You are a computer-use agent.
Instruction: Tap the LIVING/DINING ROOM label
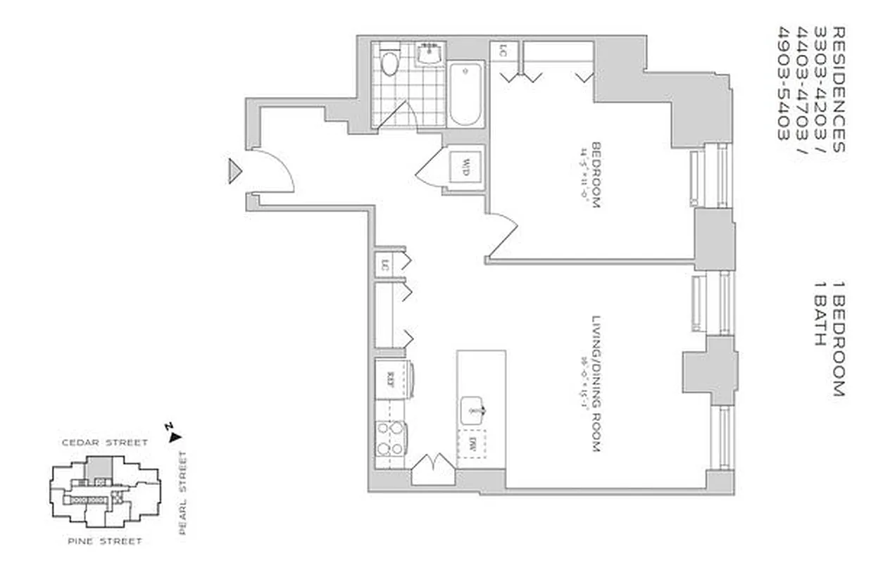tap(595, 383)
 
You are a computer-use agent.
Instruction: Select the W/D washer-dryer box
tap(465, 167)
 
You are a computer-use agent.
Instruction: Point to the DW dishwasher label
tap(472, 444)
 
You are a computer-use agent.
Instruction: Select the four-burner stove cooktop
tap(390, 438)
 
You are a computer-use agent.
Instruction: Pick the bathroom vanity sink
tap(430, 53)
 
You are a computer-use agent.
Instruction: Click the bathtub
tap(465, 92)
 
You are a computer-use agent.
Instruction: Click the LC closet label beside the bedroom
tap(503, 51)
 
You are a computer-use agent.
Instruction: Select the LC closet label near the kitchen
tap(384, 265)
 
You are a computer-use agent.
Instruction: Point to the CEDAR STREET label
tap(104, 443)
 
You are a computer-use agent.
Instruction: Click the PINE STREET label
tap(105, 541)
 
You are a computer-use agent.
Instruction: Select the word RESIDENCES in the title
tap(837, 89)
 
